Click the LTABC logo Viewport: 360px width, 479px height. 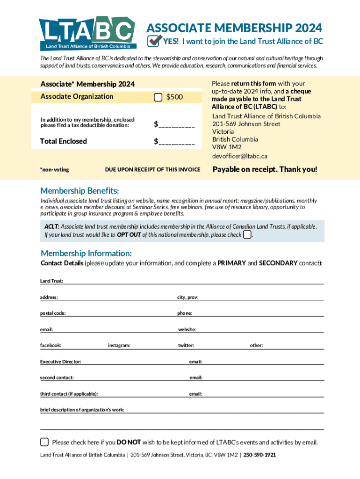[87, 33]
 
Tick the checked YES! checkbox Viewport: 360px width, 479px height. [154, 41]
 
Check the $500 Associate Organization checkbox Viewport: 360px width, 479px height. [158, 97]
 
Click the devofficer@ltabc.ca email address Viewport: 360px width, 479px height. [239, 156]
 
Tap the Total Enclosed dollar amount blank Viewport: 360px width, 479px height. [174, 141]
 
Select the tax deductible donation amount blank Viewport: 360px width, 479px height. [174, 124]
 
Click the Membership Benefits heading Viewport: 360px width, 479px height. [79, 191]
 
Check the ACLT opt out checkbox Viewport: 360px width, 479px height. [247, 234]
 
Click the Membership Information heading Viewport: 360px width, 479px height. [86, 254]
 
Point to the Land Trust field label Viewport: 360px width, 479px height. [51, 281]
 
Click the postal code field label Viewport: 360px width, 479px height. [53, 313]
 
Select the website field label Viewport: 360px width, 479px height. [187, 329]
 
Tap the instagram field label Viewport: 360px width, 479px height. [119, 345]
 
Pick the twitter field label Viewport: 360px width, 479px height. [186, 345]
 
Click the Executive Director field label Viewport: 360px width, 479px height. [60, 362]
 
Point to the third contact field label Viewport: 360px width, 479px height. [69, 394]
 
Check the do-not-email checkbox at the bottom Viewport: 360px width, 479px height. [44, 442]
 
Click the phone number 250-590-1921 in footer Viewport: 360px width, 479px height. [259, 455]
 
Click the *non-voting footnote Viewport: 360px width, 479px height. [54, 169]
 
